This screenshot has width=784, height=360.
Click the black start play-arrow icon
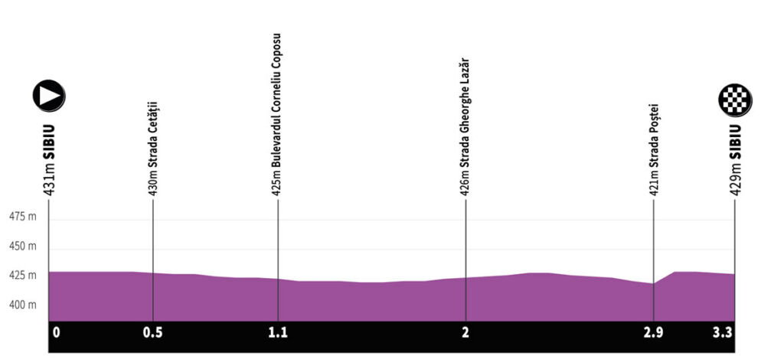click(48, 97)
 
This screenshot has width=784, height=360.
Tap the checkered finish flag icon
click(735, 100)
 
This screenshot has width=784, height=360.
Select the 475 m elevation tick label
click(22, 217)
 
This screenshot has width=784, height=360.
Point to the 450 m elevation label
click(22, 247)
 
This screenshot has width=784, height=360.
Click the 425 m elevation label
click(22, 275)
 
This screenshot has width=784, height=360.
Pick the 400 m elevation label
click(22, 305)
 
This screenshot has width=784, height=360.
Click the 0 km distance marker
click(56, 333)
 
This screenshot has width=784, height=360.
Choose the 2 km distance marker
click(465, 333)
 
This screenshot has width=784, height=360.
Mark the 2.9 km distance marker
click(653, 333)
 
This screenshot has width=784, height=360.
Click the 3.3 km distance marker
click(724, 333)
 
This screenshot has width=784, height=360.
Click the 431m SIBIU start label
click(49, 161)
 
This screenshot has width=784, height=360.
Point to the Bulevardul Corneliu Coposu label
click(277, 115)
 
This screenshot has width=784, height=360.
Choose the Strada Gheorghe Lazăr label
click(465, 127)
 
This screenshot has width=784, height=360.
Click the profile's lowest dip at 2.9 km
click(653, 284)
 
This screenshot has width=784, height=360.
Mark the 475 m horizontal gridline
click(383, 220)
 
